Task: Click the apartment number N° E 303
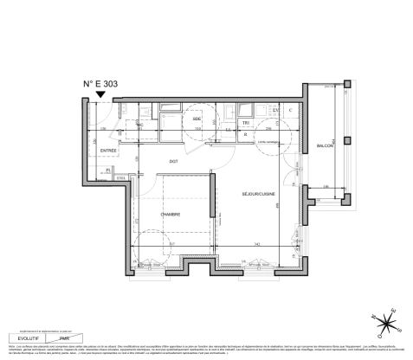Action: pos(100,85)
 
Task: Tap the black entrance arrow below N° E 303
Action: pos(101,97)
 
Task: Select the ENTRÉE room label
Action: pos(108,151)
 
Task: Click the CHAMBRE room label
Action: pos(170,215)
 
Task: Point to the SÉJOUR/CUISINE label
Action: pos(259,194)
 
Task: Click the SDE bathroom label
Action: pos(197,119)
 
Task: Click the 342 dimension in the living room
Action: pos(258,246)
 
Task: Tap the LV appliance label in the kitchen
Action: pos(275,111)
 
